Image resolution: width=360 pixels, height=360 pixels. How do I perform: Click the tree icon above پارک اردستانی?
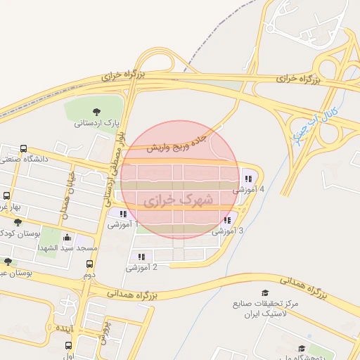pos(97,111)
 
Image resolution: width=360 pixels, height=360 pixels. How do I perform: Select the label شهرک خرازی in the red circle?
pos(178,200)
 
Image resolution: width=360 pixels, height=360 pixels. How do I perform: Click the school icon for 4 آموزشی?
pos(248,177)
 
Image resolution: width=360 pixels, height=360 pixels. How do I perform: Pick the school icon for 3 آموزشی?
pos(226,219)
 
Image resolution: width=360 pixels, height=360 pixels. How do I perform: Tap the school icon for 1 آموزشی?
pos(124,214)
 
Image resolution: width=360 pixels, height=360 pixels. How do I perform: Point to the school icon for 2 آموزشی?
pos(141,257)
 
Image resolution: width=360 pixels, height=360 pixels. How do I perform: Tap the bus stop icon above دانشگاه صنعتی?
pos(23,149)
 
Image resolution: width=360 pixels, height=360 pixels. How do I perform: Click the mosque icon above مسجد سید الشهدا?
pos(67,238)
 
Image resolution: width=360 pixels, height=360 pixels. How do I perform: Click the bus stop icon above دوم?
pos(89,264)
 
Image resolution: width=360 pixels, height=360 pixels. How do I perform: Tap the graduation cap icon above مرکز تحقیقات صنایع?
pos(265,293)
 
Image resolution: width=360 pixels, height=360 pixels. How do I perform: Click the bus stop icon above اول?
pos(68,345)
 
